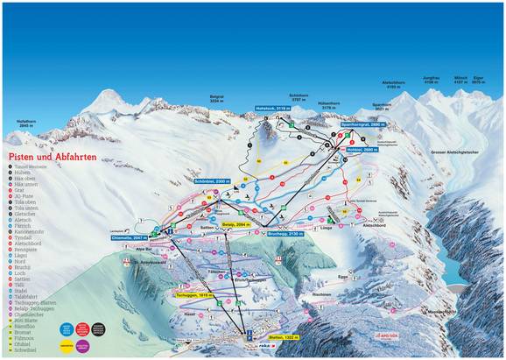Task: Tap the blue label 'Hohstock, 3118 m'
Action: [272, 108]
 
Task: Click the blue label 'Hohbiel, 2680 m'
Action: [362, 150]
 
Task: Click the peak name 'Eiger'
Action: [478, 79]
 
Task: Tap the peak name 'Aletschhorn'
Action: [391, 86]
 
